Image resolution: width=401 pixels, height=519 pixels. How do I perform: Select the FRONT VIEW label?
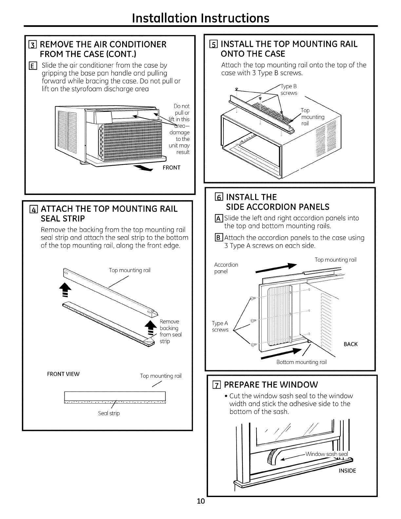(65, 374)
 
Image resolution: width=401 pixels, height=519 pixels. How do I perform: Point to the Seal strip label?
(109, 413)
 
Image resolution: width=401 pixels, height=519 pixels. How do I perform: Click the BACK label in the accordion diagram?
(351, 344)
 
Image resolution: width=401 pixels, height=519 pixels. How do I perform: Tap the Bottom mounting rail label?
(301, 362)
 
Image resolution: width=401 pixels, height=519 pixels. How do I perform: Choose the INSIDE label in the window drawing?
(347, 471)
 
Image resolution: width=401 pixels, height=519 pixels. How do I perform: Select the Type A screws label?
(220, 327)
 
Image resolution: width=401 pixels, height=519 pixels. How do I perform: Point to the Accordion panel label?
(226, 268)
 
